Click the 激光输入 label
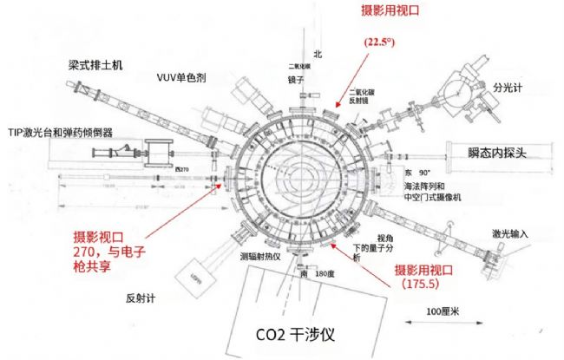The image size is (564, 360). pos(509,233)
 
